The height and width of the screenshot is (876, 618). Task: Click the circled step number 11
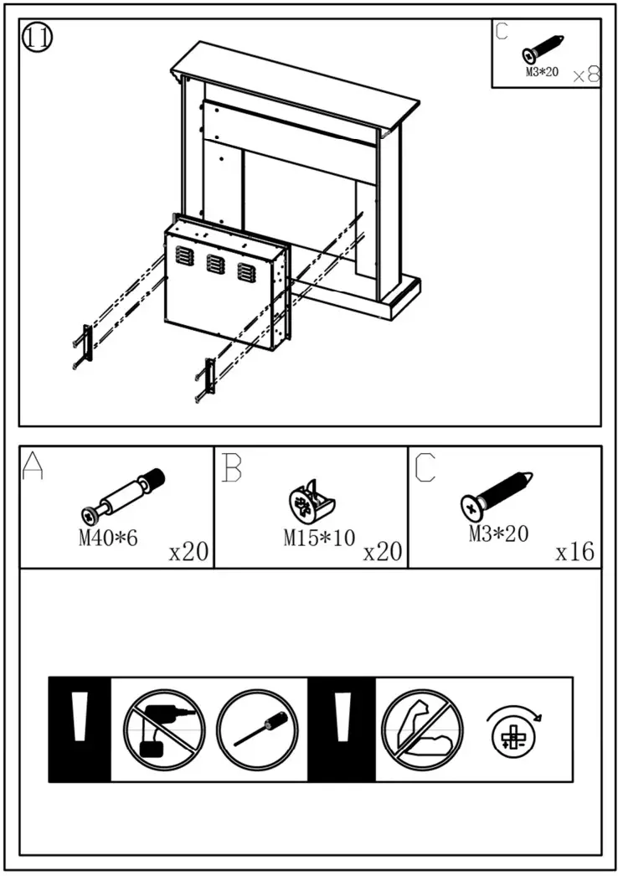coord(37,38)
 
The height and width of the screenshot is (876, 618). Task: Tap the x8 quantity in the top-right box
coord(585,75)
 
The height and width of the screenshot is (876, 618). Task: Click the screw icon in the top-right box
coord(543,49)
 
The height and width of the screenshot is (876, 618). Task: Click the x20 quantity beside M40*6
coord(188,552)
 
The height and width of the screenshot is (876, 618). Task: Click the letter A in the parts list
coord(33,467)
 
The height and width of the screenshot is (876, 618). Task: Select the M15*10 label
coord(319,538)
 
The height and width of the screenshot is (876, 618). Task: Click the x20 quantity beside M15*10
coord(383,552)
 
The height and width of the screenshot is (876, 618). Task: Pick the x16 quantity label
coord(574,552)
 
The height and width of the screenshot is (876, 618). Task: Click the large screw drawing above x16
coord(497,494)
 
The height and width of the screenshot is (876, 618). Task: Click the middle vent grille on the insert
coord(215,264)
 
